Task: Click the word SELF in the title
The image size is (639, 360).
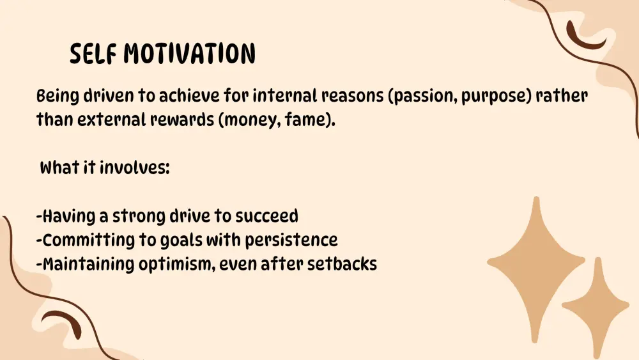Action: coord(93,54)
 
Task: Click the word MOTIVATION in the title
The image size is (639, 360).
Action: coord(190,54)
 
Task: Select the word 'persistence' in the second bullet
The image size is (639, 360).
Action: coord(291,240)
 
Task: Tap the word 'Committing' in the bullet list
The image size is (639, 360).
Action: coord(88,240)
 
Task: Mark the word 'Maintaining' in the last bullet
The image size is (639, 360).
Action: coord(88,264)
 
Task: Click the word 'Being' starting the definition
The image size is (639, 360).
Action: coord(58,97)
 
